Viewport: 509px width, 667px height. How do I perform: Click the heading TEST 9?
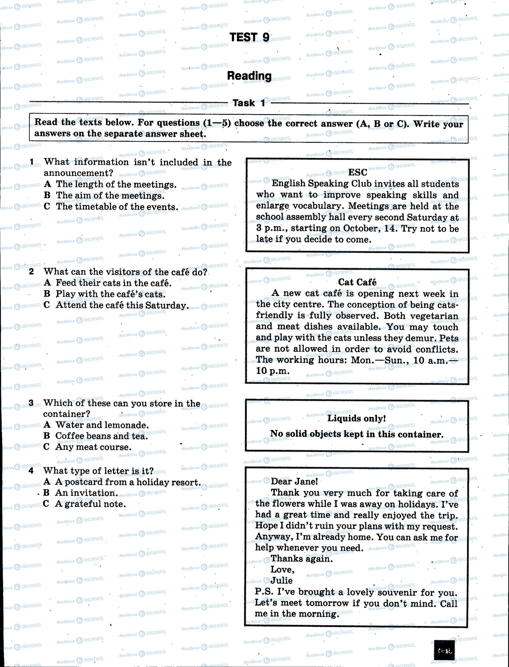[249, 37]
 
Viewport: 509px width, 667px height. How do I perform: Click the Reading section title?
[249, 76]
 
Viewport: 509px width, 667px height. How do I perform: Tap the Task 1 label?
[249, 103]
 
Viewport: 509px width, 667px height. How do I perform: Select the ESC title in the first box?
[357, 172]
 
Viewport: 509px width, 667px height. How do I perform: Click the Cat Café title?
[357, 282]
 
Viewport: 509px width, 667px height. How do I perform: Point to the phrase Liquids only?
[356, 418]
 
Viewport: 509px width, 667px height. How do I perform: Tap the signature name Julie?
[281, 580]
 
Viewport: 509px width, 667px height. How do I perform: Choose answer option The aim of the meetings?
[110, 195]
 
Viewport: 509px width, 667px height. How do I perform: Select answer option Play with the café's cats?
[110, 294]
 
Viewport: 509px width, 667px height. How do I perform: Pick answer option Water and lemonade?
[102, 425]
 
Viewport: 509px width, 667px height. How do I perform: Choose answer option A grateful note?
[90, 504]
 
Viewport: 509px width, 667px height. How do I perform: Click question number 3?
[31, 403]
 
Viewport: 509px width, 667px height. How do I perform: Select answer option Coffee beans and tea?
[101, 436]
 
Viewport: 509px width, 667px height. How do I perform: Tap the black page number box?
[445, 650]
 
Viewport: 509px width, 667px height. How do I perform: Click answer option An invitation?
[86, 493]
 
